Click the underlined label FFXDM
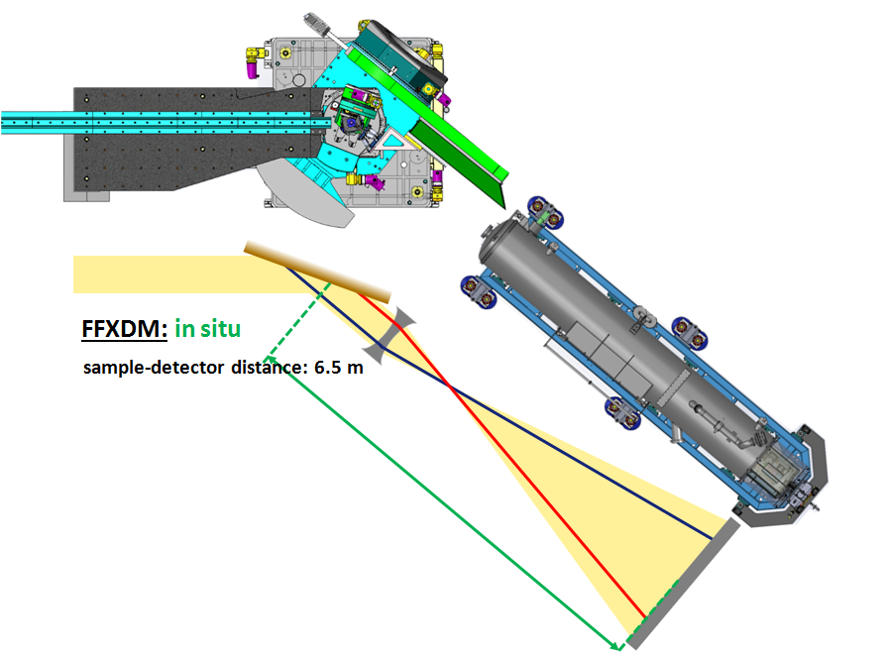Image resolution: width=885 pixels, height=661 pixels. coord(124,329)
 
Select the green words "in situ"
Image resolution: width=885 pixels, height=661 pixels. coord(208,329)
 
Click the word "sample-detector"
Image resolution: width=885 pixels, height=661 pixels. coord(154,368)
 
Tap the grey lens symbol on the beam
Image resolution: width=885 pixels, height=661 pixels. coord(388,335)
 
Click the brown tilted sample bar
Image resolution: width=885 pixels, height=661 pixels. coord(318,272)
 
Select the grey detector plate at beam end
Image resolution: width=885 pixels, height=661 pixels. coord(683,584)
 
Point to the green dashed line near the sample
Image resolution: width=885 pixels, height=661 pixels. coord(298,320)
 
